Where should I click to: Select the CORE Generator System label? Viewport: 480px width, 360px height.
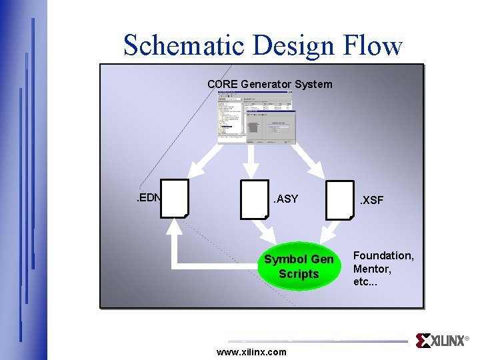[x=269, y=85]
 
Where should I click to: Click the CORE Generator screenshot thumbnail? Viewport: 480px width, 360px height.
[x=256, y=117]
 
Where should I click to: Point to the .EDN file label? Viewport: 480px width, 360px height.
[x=146, y=198]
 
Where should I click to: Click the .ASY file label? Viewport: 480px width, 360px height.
[x=286, y=199]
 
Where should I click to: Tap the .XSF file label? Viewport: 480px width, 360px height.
[x=372, y=200]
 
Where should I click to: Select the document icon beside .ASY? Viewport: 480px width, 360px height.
[x=254, y=199]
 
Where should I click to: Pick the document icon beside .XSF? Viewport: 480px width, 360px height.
[x=340, y=199]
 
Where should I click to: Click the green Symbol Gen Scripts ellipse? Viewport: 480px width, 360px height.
[x=299, y=266]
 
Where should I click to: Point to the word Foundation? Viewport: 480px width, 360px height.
[x=383, y=255]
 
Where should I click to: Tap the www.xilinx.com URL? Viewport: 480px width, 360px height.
[x=252, y=351]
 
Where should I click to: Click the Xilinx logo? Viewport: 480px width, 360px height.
[x=441, y=341]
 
